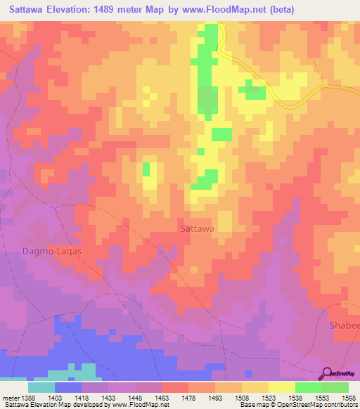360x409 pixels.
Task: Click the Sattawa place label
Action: pyautogui.click(x=197, y=228)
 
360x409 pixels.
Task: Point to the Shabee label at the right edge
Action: pyautogui.click(x=344, y=326)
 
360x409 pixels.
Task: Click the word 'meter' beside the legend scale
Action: pyautogui.click(x=8, y=397)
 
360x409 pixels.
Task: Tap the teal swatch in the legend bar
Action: pyautogui.click(x=41, y=387)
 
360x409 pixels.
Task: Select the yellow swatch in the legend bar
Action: pyautogui.click(x=281, y=387)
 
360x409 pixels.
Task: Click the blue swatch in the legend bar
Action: pyautogui.click(x=68, y=387)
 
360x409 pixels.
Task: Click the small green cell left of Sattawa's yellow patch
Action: pyautogui.click(x=146, y=169)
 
